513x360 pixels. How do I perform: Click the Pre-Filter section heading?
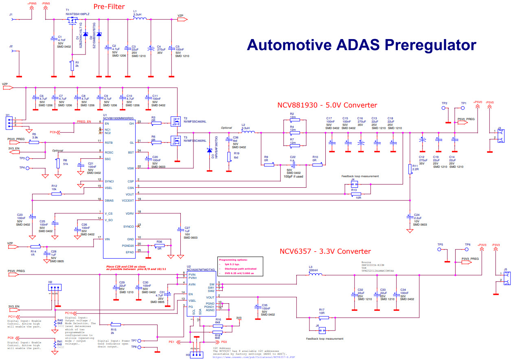(108, 7)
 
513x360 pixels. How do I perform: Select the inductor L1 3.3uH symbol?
(140, 19)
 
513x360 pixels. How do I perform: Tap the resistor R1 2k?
(72, 65)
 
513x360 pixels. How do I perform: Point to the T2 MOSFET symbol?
(177, 122)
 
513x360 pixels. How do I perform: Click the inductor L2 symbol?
(248, 132)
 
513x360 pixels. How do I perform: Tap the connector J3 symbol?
(501, 135)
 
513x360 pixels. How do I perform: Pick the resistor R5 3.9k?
(35, 138)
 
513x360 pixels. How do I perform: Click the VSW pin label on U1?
(130, 168)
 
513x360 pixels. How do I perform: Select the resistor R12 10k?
(56, 194)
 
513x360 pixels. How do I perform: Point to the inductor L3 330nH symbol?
(315, 274)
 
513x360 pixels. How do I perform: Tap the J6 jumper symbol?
(322, 330)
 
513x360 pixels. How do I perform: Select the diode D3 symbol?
(209, 151)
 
